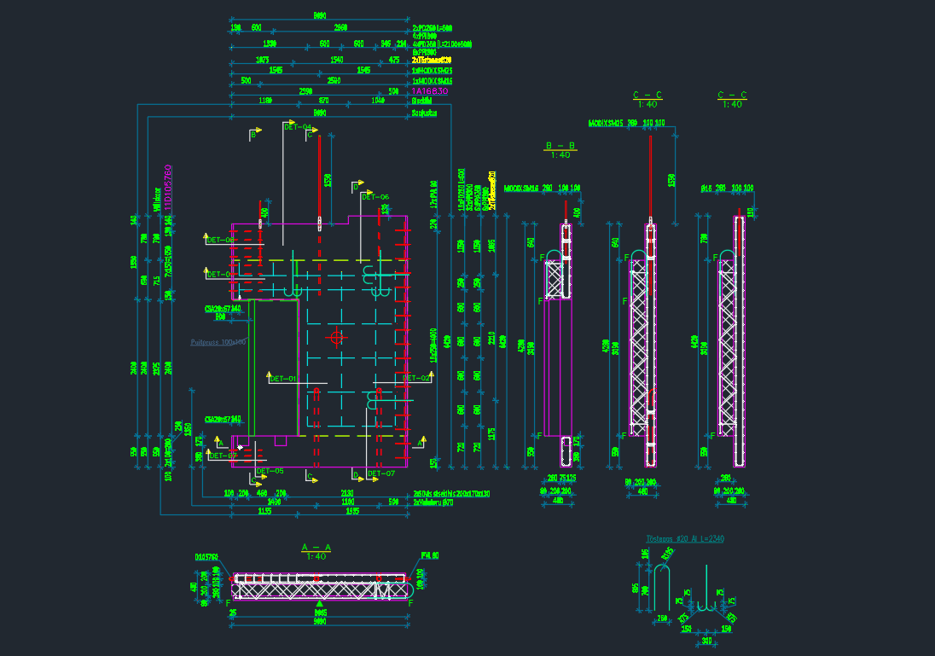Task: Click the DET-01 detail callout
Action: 282,378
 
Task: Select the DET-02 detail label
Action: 415,377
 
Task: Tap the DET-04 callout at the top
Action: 297,126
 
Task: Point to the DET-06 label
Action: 375,197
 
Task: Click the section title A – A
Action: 315,547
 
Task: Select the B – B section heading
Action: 560,146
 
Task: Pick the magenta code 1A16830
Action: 430,90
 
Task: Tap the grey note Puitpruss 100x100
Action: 218,342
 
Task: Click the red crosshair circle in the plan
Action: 336,338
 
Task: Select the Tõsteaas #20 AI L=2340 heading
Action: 685,539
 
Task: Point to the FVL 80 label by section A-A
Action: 429,556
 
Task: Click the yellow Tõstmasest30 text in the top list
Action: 431,61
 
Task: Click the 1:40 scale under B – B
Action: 560,155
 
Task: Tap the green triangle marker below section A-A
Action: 320,604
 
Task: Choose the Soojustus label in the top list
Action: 424,112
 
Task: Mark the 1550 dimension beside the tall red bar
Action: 328,181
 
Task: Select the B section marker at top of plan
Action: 253,134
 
